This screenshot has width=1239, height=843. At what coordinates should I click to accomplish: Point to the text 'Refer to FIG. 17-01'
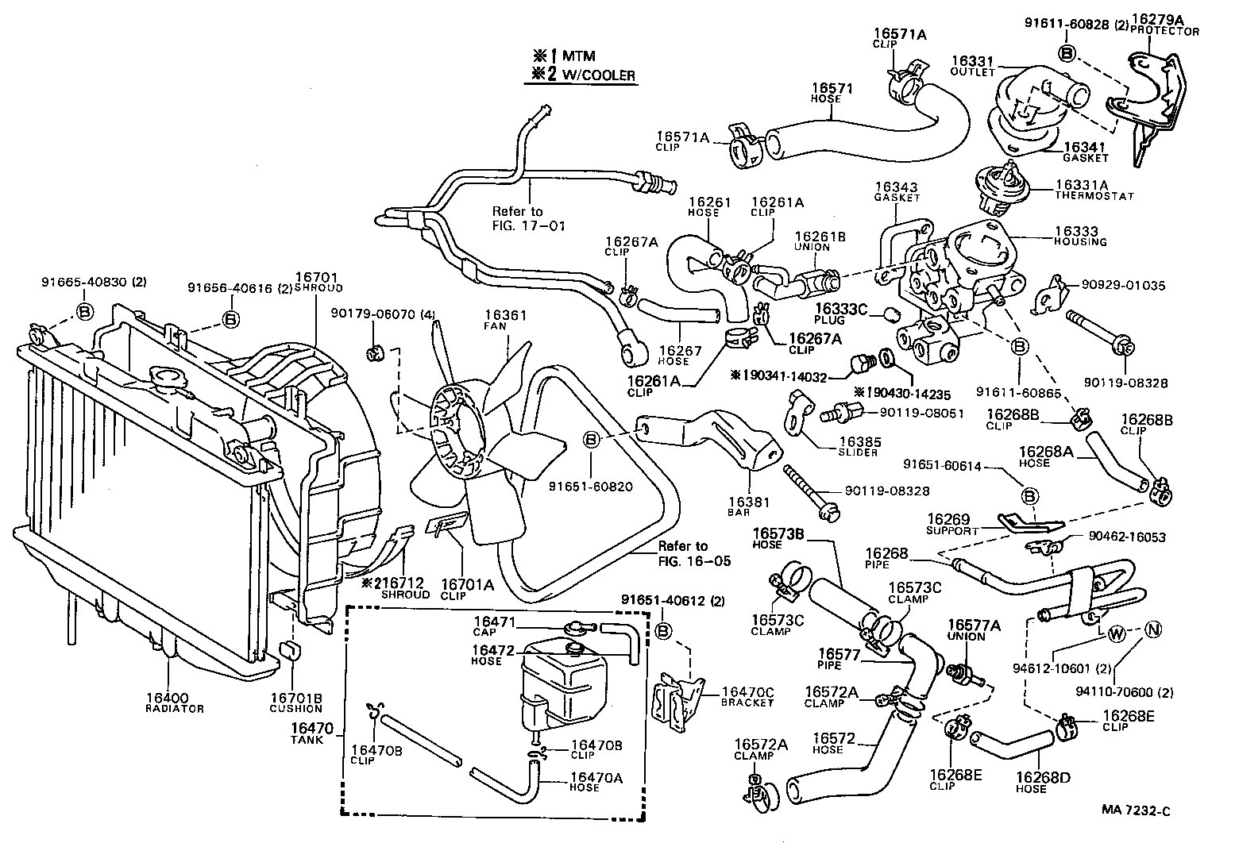(x=528, y=218)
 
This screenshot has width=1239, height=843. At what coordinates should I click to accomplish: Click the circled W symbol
(x=1116, y=633)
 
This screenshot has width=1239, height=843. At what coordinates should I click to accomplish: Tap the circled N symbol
(x=1153, y=629)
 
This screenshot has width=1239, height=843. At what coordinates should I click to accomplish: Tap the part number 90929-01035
(x=1123, y=285)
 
